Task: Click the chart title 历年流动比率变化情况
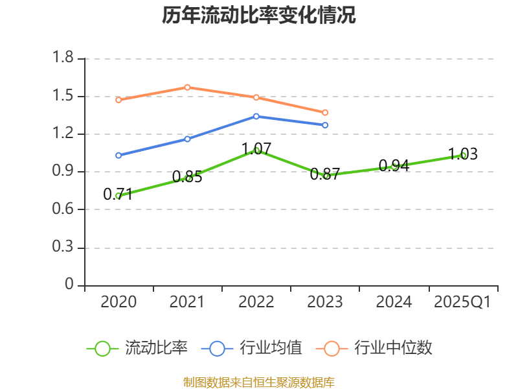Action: coord(259,16)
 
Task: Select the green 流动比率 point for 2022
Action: coord(256,150)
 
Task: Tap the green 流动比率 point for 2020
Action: coord(118,195)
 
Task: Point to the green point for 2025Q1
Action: coord(463,155)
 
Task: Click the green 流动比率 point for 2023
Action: coord(326,175)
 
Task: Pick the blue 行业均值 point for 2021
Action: coord(187,139)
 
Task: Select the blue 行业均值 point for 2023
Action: coord(325,124)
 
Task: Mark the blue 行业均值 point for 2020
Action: coord(118,155)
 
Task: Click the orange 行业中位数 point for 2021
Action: coord(187,87)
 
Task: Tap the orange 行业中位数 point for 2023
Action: coord(325,112)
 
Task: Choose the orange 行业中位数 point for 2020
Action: coord(118,100)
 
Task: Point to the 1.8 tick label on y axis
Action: coord(63,59)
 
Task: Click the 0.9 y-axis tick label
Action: coord(63,172)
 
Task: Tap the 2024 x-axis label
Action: coord(394,302)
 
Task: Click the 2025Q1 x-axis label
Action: coord(462,302)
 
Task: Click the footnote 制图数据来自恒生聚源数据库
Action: coord(259,382)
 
